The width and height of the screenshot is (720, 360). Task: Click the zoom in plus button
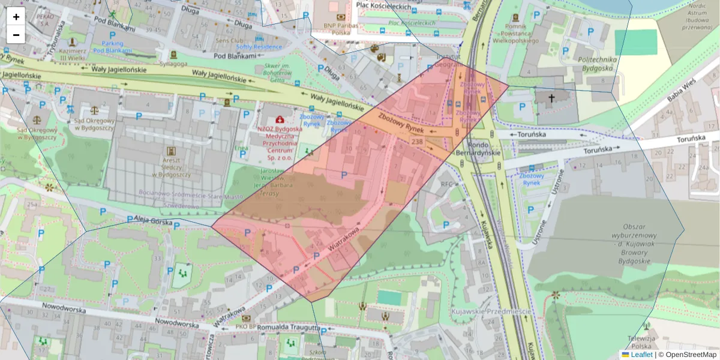coord(16,17)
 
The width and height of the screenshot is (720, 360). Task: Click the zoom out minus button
coord(16,35)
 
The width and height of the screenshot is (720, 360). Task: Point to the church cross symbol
coord(551,97)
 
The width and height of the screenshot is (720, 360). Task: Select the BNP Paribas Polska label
coord(340,29)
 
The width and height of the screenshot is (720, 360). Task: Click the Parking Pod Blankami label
coord(112,47)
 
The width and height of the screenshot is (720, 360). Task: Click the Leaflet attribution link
coord(641,355)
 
